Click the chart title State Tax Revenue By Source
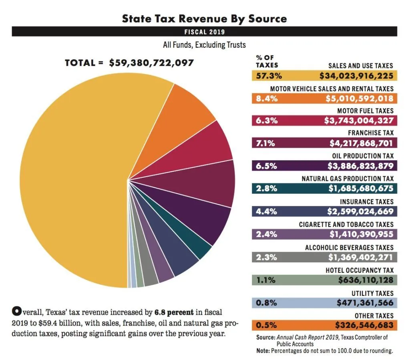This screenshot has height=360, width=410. point(204,18)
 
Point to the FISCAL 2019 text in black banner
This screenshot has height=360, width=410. point(205,32)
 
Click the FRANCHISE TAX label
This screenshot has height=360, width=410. point(370,133)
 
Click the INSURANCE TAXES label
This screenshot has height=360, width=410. point(366,202)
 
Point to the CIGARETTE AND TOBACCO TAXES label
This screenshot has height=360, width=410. point(346,225)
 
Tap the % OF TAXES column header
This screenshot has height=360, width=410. point(266,61)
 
